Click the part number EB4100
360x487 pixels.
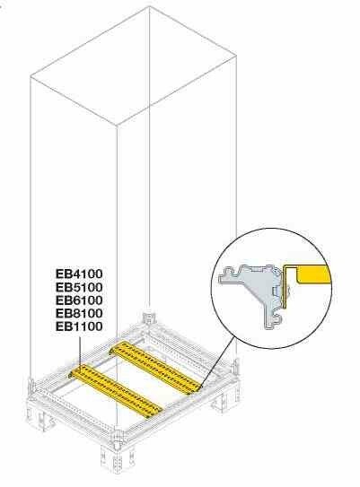point(79,274)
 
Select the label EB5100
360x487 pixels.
point(79,287)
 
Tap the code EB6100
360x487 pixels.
point(79,300)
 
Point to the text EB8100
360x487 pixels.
point(79,313)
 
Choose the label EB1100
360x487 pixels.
point(79,326)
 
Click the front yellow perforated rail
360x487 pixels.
point(116,390)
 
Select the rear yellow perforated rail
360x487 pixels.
point(156,368)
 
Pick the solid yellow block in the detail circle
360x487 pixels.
point(314,274)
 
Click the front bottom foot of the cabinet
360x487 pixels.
point(117,457)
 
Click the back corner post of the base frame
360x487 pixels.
point(149,319)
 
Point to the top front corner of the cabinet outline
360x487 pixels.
point(117,126)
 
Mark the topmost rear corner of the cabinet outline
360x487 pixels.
point(149,6)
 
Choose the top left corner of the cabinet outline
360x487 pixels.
point(31,75)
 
